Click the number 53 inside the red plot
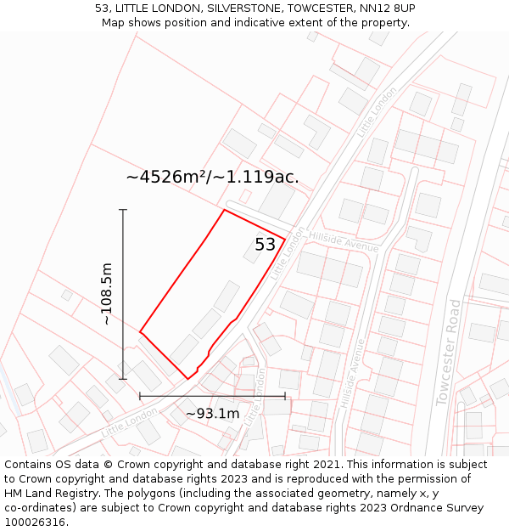[265, 245]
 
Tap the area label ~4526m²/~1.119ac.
[212, 177]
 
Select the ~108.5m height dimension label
[106, 294]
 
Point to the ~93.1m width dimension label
[212, 414]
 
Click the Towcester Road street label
[448, 353]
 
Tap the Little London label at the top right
[377, 111]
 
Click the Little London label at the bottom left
[130, 421]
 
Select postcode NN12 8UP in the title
[387, 8]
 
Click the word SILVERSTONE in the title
[246, 8]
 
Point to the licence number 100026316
[36, 522]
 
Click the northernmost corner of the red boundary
[224, 210]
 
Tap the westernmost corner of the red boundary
[140, 331]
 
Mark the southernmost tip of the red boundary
[188, 379]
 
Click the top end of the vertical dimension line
[123, 209]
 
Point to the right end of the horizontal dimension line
[285, 396]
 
